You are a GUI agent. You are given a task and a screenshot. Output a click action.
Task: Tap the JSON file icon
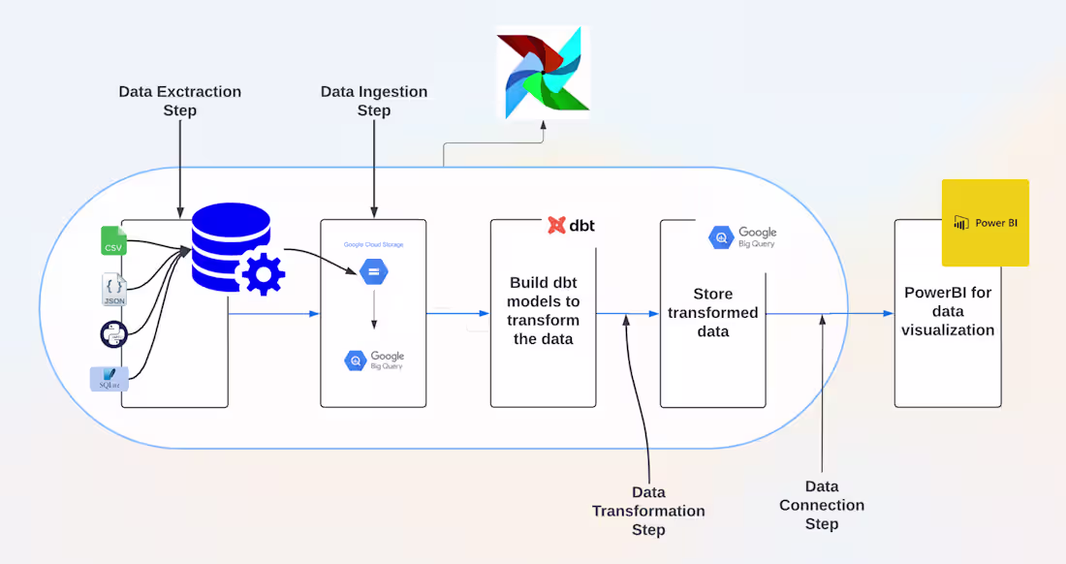coord(114,290)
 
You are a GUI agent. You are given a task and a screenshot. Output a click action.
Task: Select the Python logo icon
coord(113,334)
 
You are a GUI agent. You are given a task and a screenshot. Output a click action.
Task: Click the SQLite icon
coord(109,378)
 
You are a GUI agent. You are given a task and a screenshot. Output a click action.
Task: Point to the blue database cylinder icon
coord(229,243)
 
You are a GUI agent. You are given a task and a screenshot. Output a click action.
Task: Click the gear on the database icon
coord(262,273)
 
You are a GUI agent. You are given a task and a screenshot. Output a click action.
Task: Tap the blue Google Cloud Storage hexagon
coord(374,272)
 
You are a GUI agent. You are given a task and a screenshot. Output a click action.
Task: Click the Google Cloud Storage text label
coord(374,245)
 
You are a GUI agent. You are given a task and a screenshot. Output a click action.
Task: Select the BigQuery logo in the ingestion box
coord(374,360)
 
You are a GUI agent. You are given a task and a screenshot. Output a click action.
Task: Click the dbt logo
coord(571,225)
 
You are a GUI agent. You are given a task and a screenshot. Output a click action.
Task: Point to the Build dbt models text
coord(544,310)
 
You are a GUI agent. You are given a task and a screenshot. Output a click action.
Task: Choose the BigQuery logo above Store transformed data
coord(742,236)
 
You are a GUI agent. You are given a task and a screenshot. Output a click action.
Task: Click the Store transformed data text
coord(712,312)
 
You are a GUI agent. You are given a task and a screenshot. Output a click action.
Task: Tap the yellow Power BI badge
coord(986,223)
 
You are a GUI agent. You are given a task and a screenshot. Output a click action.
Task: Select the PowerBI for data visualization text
coord(948,311)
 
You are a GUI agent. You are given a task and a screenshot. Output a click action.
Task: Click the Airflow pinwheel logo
coord(542,73)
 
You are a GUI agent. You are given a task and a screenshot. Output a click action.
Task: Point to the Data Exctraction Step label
coord(180,101)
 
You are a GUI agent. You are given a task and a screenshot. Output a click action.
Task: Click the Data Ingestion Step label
coord(374,101)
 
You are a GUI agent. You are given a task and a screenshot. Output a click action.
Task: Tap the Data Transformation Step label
coord(648,511)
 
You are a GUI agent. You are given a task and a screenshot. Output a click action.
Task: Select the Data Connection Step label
coord(821,505)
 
